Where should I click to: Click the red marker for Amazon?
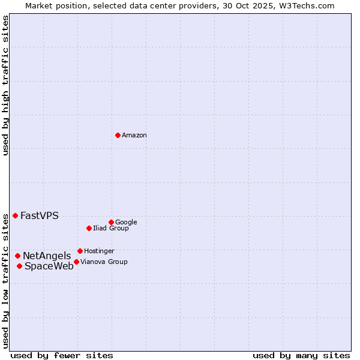[x=118, y=135]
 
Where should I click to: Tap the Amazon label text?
[x=134, y=136]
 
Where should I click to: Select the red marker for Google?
[x=111, y=222]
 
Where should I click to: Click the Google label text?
[x=126, y=223]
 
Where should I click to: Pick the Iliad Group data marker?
[x=89, y=228]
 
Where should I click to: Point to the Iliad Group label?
[x=111, y=229]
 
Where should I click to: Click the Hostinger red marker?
[x=80, y=251]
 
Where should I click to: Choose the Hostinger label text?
[x=99, y=251]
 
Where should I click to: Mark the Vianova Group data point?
[x=76, y=262]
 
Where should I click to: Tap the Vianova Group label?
[x=104, y=262]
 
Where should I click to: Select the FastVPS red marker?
[x=15, y=215]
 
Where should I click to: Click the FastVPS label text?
[x=40, y=216]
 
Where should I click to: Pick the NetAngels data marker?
[x=17, y=256]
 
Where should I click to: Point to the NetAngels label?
[x=47, y=256]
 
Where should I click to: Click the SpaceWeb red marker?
[x=19, y=266]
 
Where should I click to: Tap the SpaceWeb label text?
[x=49, y=266]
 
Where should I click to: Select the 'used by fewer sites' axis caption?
[x=62, y=356]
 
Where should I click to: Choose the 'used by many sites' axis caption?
[x=301, y=356]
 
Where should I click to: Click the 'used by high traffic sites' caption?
[x=6, y=86]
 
